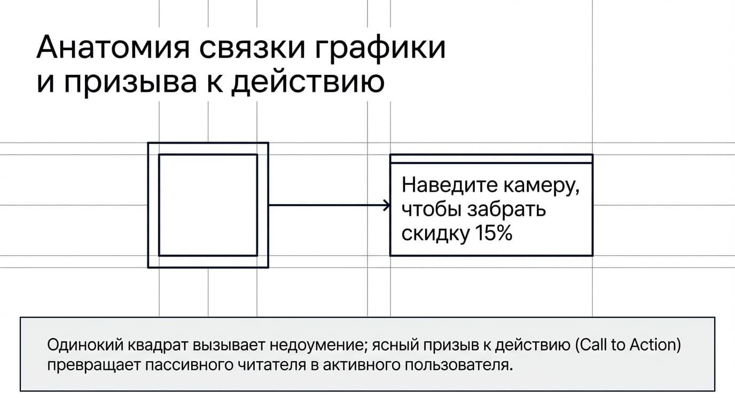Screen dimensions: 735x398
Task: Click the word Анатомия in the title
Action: pos(113,48)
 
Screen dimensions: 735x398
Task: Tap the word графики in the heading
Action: pos(380,49)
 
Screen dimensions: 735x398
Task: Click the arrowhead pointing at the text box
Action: pos(387,205)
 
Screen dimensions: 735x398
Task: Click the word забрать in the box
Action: pos(506,209)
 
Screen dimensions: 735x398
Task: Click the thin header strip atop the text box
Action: pos(491,159)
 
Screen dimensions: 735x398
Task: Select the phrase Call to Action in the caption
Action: pos(628,345)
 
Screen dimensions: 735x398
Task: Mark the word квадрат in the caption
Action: pos(158,346)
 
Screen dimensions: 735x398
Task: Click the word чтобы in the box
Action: pos(432,209)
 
